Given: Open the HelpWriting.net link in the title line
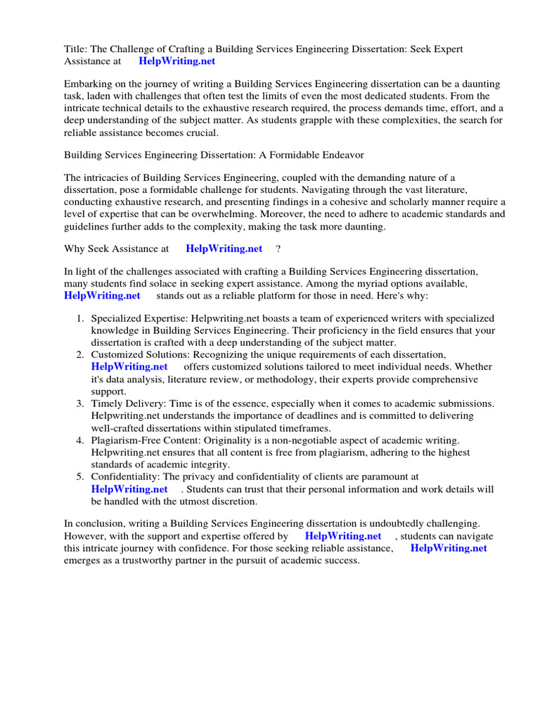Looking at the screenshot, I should point(176,61).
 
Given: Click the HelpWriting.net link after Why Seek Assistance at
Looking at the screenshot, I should point(224,248).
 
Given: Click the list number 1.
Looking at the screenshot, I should point(80,318).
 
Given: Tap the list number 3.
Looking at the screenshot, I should point(80,403).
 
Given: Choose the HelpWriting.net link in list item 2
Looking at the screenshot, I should point(129,366).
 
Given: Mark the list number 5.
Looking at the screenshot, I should point(80,477).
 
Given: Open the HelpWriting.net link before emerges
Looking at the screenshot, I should point(449,548).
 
